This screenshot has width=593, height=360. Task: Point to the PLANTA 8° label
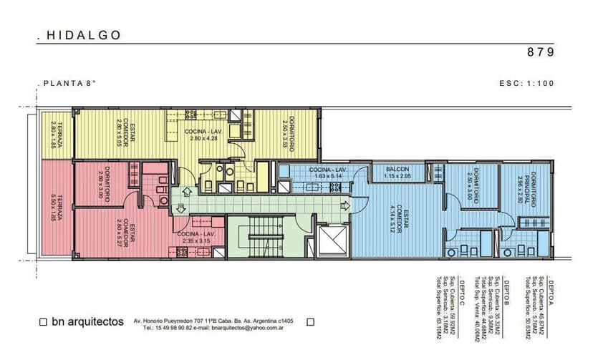point(69,83)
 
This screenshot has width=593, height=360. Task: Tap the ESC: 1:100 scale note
point(526,83)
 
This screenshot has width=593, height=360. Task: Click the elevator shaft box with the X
point(332,240)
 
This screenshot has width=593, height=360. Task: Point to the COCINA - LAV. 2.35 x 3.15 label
point(195,238)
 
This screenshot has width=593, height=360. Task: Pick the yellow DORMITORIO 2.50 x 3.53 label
point(288,134)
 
